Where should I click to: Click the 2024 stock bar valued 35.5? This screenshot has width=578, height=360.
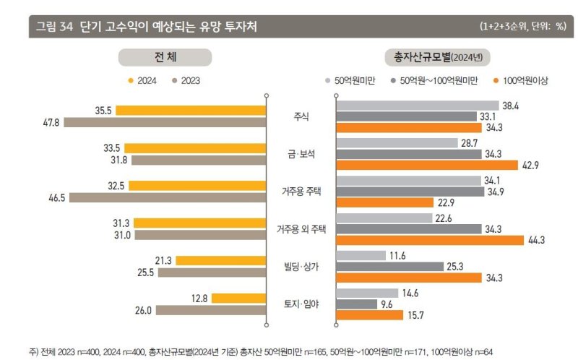tap(191, 111)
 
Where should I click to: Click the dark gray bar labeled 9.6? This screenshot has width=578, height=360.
tap(356, 304)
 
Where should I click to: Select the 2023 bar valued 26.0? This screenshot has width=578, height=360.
tap(211, 311)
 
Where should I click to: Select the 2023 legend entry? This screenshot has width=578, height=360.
tap(186, 81)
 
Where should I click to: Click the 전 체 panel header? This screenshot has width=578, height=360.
tap(165, 57)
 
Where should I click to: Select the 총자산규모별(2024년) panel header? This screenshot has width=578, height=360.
tap(439, 57)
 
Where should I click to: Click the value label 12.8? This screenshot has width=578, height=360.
tap(200, 298)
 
